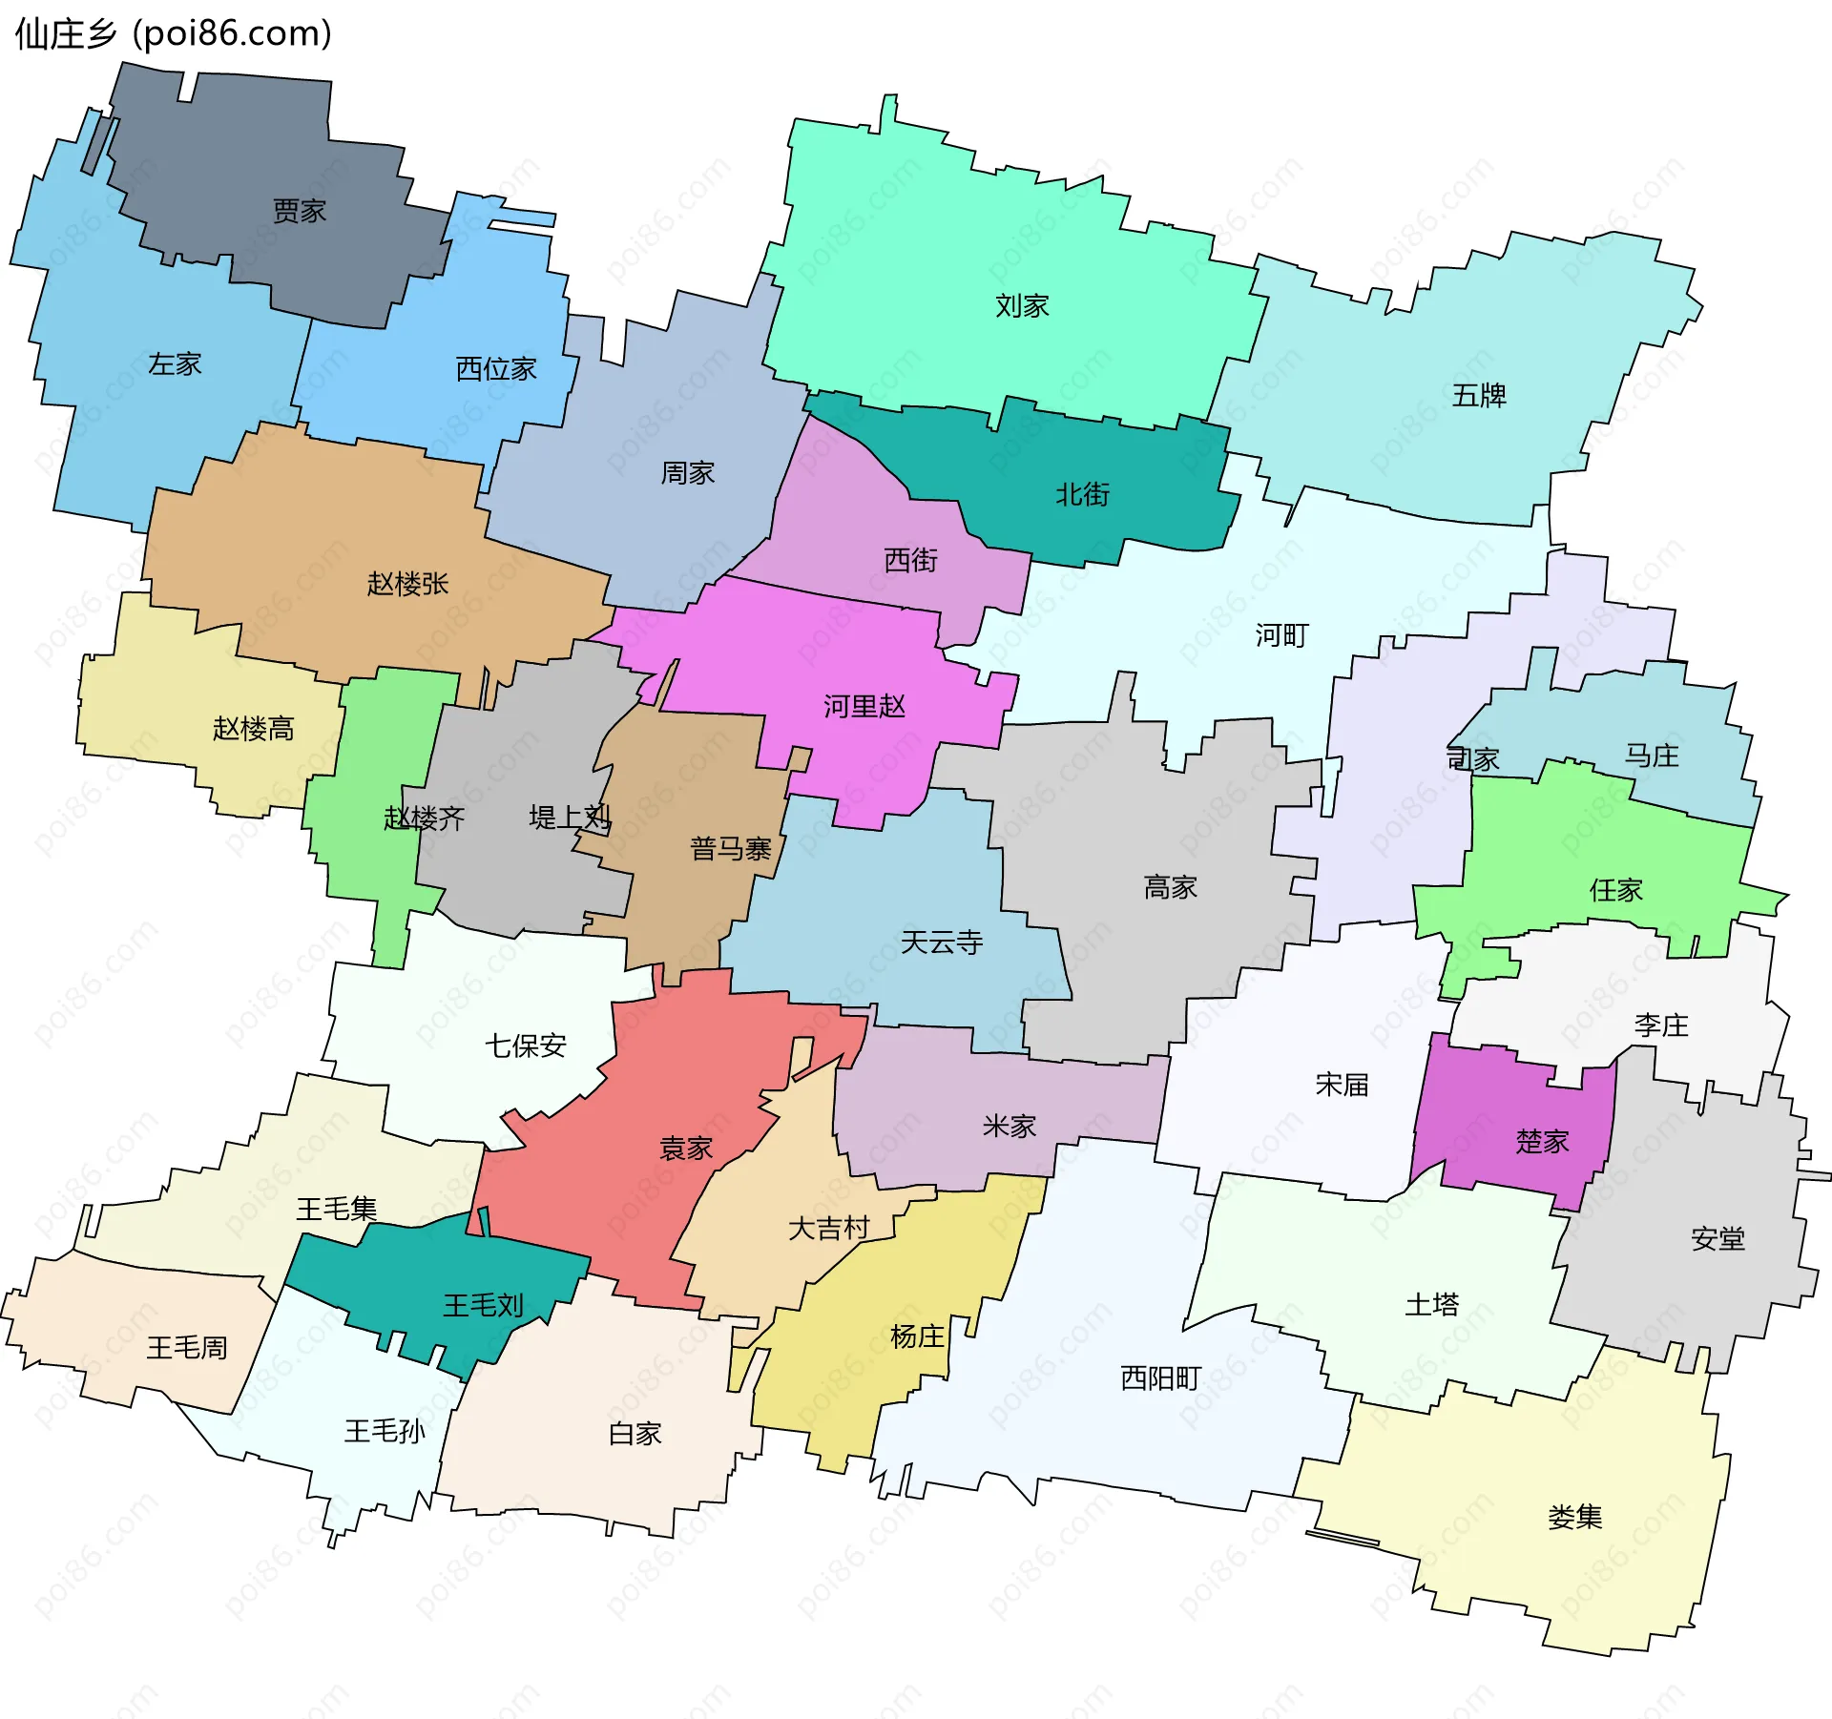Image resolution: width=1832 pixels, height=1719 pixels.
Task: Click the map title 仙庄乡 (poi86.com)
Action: click(x=174, y=33)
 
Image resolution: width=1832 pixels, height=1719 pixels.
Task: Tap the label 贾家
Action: click(x=300, y=211)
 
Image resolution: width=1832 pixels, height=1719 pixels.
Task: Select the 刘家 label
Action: click(x=1022, y=306)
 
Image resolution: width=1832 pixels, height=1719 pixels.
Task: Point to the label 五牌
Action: click(x=1479, y=395)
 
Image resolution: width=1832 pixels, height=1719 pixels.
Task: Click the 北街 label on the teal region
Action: click(x=1083, y=494)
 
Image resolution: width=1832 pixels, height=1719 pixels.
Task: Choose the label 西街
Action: click(x=910, y=560)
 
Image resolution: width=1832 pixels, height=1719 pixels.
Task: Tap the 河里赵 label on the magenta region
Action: click(x=864, y=706)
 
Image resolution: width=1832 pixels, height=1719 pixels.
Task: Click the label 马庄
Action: click(x=1652, y=756)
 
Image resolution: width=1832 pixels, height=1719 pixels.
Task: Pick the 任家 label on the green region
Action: click(x=1615, y=890)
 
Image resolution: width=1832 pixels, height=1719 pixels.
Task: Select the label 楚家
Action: click(x=1542, y=1141)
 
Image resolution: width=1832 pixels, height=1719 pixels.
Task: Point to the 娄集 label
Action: click(x=1574, y=1517)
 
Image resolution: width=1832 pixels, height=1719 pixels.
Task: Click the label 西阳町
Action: click(x=1160, y=1377)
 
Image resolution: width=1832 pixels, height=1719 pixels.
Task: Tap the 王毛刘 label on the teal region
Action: click(x=483, y=1305)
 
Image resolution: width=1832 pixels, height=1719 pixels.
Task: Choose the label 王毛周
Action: click(x=187, y=1347)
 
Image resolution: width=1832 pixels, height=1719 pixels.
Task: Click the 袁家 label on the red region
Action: click(x=686, y=1149)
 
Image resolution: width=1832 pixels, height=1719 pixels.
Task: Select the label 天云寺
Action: click(x=942, y=942)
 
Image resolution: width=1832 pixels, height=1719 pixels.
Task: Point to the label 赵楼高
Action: click(x=253, y=729)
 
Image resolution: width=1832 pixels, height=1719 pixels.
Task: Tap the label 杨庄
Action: click(x=917, y=1336)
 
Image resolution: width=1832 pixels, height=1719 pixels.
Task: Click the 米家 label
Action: click(x=1010, y=1127)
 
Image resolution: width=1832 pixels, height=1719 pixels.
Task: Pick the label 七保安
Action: click(x=526, y=1046)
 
